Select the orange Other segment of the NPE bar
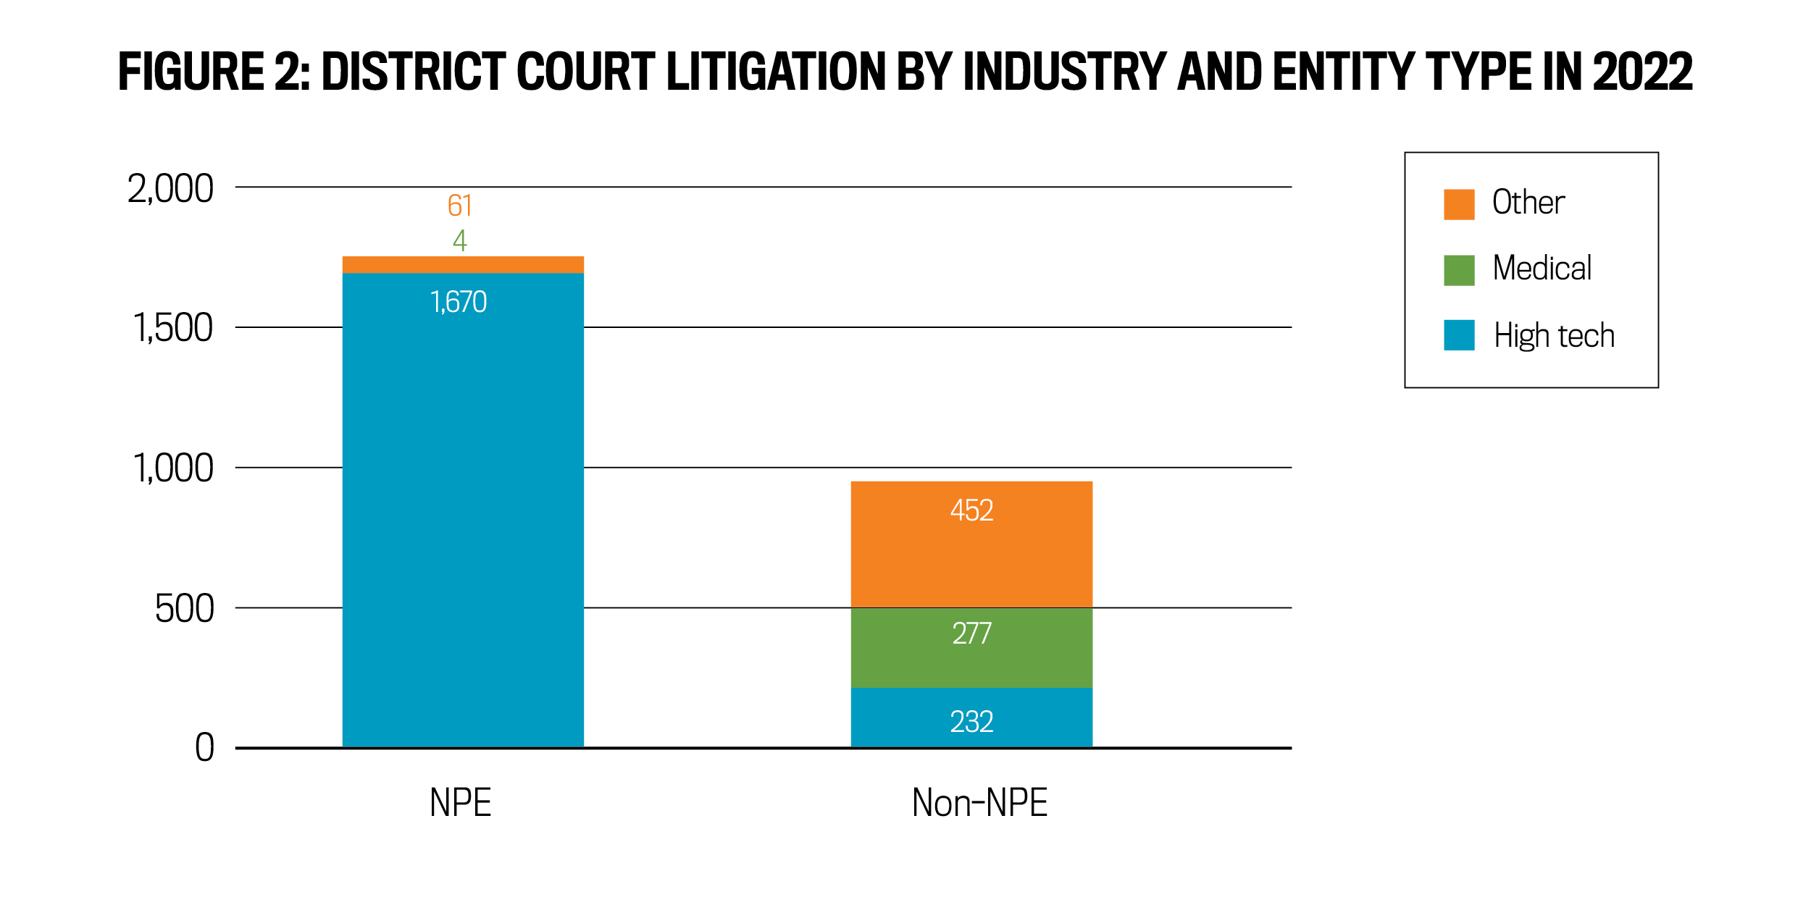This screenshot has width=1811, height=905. click(463, 264)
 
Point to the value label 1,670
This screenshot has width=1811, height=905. click(459, 302)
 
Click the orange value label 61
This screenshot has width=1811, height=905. click(460, 206)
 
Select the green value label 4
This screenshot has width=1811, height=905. click(460, 240)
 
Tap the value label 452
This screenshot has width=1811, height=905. click(971, 510)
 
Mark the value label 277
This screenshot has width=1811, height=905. click(971, 633)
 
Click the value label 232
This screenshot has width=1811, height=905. click(971, 722)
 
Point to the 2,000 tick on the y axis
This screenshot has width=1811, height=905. click(171, 189)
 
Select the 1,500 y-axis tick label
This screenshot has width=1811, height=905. click(173, 328)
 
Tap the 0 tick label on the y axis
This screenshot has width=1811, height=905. click(205, 748)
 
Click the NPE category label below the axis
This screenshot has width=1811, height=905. click(461, 803)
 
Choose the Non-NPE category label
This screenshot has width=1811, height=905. click(979, 803)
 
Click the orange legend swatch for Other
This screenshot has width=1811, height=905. click(1459, 204)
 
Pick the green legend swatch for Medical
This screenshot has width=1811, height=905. click(1459, 270)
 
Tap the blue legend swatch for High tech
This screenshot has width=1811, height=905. click(1459, 335)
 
